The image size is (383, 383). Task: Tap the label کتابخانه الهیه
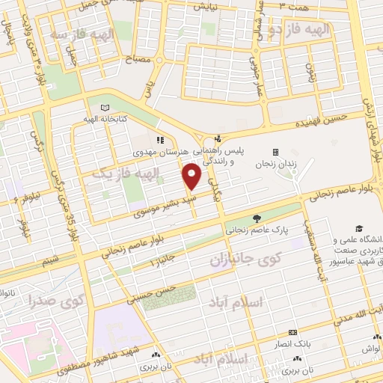click(109, 119)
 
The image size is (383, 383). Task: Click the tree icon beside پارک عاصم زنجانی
click(257, 218)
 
